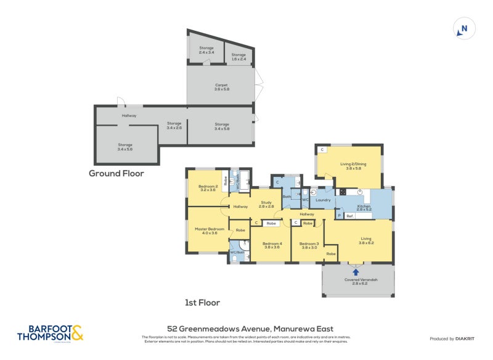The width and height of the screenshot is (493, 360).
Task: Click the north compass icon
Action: [x=465, y=28]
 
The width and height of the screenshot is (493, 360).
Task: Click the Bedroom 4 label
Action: [x=272, y=245]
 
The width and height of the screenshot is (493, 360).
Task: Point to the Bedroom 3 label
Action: [x=309, y=245]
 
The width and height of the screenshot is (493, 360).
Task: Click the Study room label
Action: [x=266, y=203]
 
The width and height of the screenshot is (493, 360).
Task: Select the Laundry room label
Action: [x=323, y=200]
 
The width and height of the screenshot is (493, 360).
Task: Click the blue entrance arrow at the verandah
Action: [x=356, y=271]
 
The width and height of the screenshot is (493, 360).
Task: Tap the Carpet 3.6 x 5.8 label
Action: [x=221, y=87]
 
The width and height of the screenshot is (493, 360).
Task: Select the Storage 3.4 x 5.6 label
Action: [x=125, y=147]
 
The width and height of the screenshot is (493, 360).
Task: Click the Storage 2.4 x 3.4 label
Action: [x=206, y=50]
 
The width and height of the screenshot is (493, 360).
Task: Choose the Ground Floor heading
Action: [x=116, y=173]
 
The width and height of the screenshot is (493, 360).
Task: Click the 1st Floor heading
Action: [x=203, y=303]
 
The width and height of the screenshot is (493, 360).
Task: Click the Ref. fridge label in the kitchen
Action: [x=349, y=216]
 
